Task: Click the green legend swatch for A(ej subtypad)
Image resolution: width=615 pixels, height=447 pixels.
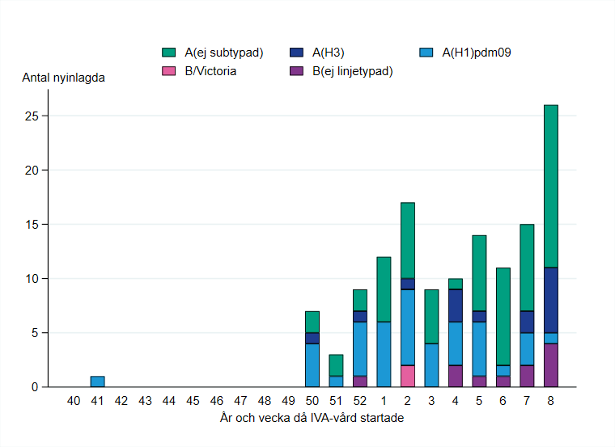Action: (170, 53)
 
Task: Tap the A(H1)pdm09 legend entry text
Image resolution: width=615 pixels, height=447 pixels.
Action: (476, 53)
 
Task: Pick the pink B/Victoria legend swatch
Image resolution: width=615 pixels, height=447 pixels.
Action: (170, 71)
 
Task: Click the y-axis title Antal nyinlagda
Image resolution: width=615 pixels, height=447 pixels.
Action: (63, 78)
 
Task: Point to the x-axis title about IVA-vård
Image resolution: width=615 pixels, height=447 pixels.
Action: (312, 418)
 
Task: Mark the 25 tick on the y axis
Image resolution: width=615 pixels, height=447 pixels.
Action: (32, 116)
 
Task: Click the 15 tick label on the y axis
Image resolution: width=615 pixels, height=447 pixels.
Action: (32, 225)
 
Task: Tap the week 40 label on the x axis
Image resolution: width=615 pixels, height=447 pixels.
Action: (74, 400)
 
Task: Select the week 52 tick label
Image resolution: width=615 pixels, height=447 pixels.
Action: (360, 400)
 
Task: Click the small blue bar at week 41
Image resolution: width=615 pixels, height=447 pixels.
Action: (97, 382)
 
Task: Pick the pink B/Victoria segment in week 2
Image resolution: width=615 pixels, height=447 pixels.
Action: (408, 376)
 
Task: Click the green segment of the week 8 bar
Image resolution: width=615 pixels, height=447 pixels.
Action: (550, 186)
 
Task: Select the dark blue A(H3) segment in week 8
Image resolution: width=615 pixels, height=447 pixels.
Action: (550, 300)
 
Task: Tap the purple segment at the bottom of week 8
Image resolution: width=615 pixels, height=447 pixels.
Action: (550, 365)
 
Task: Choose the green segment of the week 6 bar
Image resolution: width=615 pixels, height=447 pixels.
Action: (503, 316)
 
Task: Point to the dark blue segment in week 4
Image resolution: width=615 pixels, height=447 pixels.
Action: (456, 306)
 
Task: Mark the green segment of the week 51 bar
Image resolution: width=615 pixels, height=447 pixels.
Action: (336, 365)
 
